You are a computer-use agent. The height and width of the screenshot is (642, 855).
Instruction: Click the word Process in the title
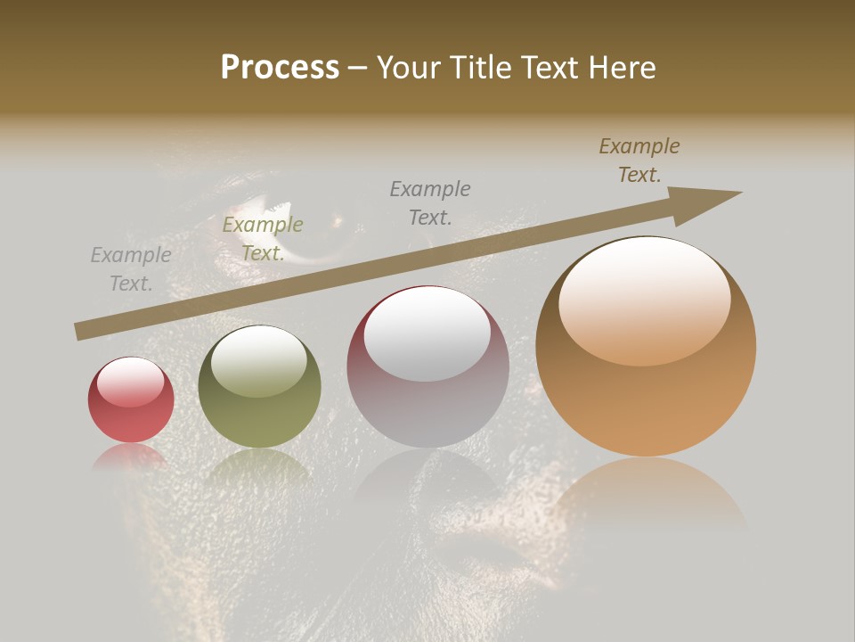point(280,68)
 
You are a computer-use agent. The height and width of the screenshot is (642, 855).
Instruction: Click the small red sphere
point(131,400)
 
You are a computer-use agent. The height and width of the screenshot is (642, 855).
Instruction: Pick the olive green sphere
point(259,387)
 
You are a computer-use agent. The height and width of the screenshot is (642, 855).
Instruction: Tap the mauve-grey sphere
point(427,367)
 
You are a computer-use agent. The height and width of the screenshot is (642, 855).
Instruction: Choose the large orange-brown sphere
point(646,348)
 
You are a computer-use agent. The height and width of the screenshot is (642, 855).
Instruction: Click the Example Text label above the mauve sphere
point(430,202)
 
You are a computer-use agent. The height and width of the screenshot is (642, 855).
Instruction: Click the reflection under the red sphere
point(131,457)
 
